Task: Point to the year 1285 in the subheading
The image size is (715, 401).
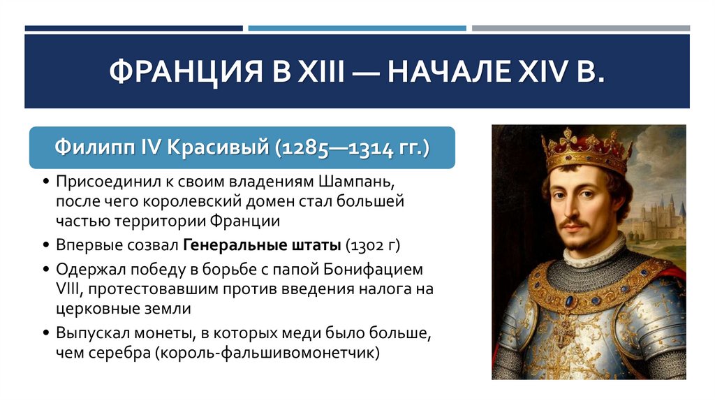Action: [x=308, y=149]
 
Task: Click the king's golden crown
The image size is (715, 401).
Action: [x=587, y=150]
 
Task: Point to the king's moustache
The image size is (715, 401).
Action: [x=577, y=224]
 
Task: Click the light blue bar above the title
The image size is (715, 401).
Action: [x=357, y=29]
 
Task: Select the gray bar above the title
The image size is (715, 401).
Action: [x=580, y=29]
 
